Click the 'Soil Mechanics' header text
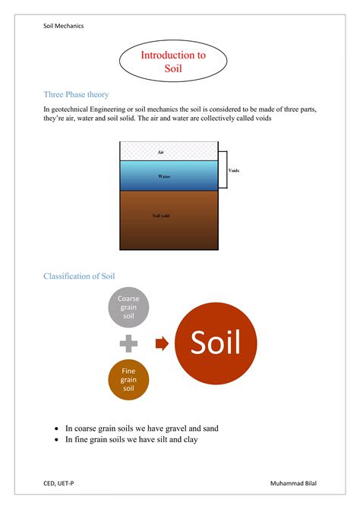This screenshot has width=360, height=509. [x=64, y=26]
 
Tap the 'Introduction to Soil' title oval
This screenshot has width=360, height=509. [x=174, y=62]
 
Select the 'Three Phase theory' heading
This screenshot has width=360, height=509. [x=76, y=95]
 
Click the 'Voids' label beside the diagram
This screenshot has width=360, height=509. [x=234, y=171]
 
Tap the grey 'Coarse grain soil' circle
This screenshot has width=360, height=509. [x=128, y=307]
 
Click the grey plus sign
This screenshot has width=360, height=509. [x=128, y=343]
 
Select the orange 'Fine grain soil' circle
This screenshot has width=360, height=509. [x=128, y=380]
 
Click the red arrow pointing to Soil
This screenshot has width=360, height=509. [x=161, y=343]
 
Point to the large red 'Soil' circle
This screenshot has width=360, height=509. [x=216, y=343]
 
